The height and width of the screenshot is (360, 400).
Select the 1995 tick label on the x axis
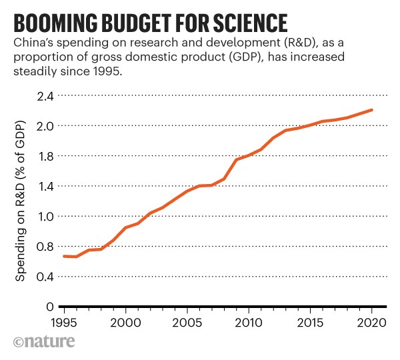[x=63, y=323]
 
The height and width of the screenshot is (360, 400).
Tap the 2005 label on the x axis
[x=187, y=323]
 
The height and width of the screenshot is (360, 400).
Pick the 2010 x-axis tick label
[x=248, y=323]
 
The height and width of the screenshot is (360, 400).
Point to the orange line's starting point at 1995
[x=63, y=256]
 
